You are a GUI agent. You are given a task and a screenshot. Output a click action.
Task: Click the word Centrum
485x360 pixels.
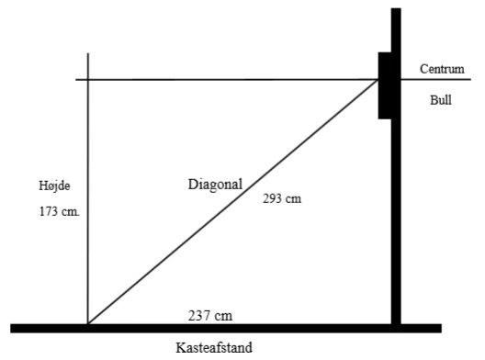442,69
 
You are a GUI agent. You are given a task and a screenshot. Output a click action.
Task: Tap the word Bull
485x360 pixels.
441,100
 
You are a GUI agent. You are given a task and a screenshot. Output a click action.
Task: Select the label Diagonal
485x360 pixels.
215,185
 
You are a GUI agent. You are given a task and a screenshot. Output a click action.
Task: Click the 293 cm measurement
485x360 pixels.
282,198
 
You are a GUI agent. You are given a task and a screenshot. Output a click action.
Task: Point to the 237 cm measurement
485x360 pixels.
210,316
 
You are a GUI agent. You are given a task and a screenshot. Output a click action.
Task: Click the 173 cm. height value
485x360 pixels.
60,211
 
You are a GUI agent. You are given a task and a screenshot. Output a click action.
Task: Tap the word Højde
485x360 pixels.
54,186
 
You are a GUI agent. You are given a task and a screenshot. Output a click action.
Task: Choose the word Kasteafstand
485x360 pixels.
214,348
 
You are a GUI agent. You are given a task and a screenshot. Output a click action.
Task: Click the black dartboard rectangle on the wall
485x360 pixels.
385,85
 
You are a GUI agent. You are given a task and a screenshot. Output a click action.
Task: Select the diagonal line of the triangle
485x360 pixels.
232,202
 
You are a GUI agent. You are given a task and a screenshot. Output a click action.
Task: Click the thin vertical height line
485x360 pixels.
88,188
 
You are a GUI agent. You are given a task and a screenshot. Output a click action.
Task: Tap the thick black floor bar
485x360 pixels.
226,329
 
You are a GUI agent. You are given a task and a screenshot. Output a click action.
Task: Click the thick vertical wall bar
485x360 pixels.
396,166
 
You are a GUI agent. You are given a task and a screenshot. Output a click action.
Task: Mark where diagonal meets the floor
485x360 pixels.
88,324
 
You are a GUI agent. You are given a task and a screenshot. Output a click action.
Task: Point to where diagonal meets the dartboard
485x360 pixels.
378,80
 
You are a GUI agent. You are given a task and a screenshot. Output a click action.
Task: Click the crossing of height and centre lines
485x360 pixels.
88,80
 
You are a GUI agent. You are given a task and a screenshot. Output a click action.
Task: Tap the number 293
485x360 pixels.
273,198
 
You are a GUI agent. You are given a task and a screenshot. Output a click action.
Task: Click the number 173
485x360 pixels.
49,211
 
